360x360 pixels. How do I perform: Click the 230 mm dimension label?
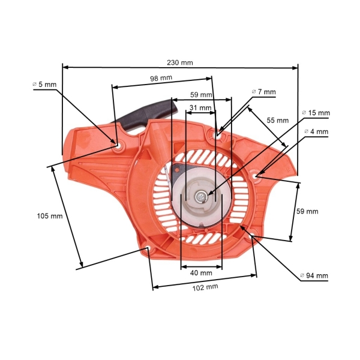pos(181,62)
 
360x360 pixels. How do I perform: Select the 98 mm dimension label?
pos(160,79)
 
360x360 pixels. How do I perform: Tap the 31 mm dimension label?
pos(200,108)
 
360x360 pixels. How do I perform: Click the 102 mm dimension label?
pos(205,287)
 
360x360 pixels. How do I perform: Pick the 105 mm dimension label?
pos(49,216)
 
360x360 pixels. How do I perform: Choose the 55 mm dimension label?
pos(278,120)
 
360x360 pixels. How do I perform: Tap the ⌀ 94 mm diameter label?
pos(314,276)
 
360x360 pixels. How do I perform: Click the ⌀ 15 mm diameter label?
pos(316,113)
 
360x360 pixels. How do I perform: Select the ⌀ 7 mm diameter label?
pos(263,92)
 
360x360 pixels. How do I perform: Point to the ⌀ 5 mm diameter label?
pos(44,85)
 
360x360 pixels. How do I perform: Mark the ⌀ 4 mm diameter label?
pos(316,131)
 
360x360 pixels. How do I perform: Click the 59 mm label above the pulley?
pos(201,95)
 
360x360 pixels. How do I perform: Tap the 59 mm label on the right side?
pos(307,211)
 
